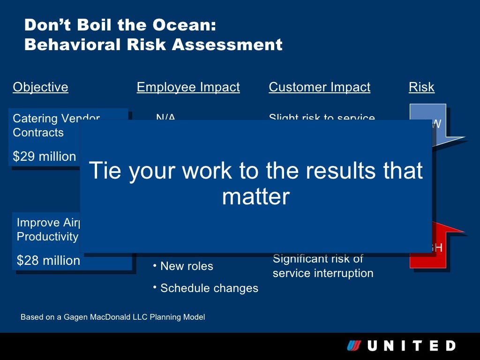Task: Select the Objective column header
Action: tap(40, 87)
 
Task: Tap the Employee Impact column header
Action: tap(188, 87)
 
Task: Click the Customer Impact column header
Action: tap(319, 87)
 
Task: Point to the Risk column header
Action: tap(421, 87)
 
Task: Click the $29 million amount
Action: tap(44, 157)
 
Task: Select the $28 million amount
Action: tap(48, 261)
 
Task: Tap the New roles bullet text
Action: tap(187, 266)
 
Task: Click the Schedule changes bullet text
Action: tap(209, 288)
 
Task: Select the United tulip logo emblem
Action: tap(353, 346)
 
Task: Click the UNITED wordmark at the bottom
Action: tap(411, 346)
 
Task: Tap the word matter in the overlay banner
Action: tap(256, 196)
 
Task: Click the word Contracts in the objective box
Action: tap(38, 133)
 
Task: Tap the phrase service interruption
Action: tap(323, 273)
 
